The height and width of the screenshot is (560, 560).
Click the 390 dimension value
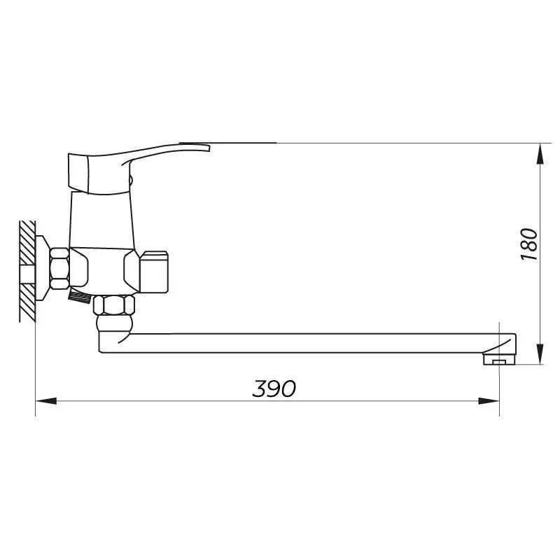tap(274, 388)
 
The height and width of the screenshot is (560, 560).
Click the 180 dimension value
tap(529, 244)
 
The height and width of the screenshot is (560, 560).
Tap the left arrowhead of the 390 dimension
tap(46, 401)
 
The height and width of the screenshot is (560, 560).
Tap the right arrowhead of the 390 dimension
tap(489, 401)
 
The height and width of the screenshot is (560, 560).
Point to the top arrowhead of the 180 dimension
tap(541, 154)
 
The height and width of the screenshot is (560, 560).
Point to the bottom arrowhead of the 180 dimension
tap(541, 353)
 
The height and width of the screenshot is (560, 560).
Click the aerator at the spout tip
tap(499, 359)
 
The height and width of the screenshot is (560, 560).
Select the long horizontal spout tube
tap(307, 343)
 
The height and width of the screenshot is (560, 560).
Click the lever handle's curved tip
tap(200, 147)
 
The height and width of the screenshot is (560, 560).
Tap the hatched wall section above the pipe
tap(27, 242)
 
